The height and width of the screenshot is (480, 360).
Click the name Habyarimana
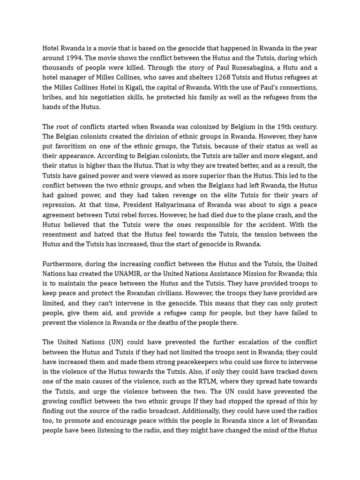[x=168, y=205]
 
